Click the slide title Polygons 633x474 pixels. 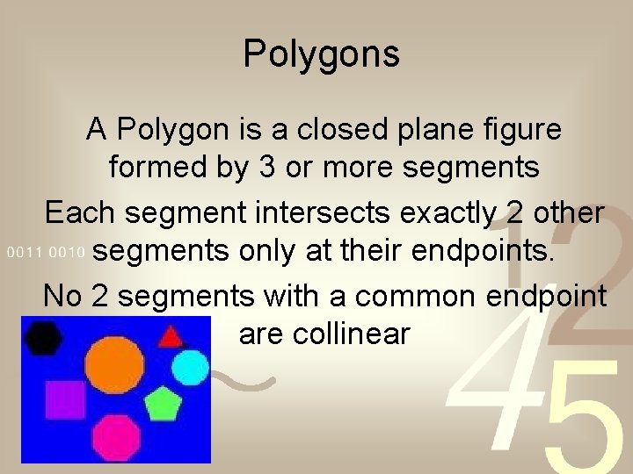click(321, 54)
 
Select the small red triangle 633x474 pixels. click(171, 335)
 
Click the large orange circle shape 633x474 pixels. click(113, 366)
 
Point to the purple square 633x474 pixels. click(64, 399)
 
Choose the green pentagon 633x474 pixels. click(162, 404)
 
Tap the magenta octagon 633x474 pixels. click(117, 436)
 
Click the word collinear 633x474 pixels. click(324, 334)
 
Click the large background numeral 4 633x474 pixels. click(488, 386)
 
